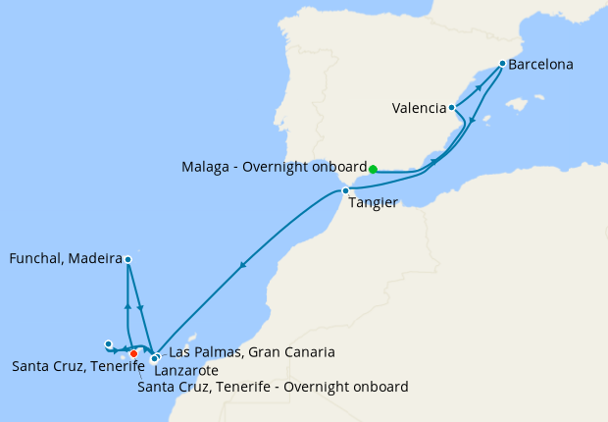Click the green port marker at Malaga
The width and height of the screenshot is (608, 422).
click(x=373, y=169)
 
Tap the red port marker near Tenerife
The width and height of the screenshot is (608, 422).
click(x=133, y=353)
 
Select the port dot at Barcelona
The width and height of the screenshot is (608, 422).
click(x=502, y=64)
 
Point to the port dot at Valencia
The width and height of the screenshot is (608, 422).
click(x=451, y=107)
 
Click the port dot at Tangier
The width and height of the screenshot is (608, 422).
click(x=345, y=190)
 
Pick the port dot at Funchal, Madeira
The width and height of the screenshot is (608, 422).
click(x=128, y=259)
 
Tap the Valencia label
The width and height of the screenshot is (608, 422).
click(x=419, y=108)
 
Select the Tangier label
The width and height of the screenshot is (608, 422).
click(x=372, y=203)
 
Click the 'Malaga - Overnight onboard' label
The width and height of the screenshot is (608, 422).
click(x=274, y=167)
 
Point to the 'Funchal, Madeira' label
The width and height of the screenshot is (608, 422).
click(x=65, y=259)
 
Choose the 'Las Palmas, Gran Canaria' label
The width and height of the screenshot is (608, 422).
click(x=253, y=351)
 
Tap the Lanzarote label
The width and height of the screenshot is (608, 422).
click(x=186, y=371)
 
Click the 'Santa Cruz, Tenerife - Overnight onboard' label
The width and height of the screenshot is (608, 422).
click(x=274, y=387)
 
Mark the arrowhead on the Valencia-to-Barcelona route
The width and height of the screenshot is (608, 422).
click(x=480, y=86)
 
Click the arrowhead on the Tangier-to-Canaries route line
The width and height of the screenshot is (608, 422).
click(x=242, y=265)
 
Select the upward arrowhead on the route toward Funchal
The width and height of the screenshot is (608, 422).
click(x=127, y=306)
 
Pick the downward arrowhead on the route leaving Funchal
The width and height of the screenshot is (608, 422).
click(x=141, y=309)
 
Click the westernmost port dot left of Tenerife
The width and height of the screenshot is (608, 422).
click(x=109, y=343)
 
